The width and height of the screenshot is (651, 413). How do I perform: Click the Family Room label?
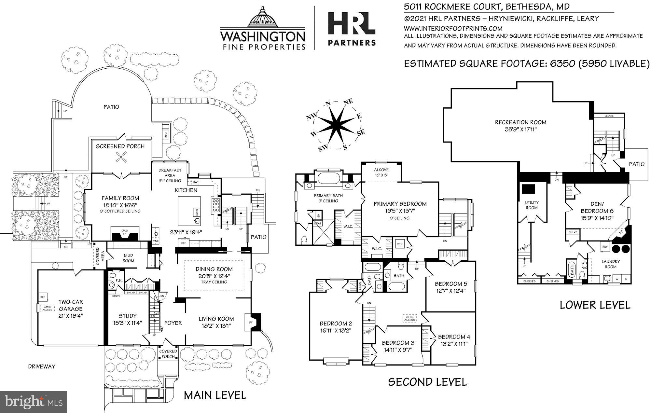(120, 198)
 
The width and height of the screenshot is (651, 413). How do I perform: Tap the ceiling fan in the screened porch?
(121, 158)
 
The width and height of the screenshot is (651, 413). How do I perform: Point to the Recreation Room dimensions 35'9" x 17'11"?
(520, 129)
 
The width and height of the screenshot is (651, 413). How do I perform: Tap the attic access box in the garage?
(47, 308)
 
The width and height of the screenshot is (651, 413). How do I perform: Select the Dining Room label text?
(214, 269)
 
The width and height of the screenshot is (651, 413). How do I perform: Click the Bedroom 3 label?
(398, 343)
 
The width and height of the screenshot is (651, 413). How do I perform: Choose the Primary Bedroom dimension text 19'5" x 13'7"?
(400, 211)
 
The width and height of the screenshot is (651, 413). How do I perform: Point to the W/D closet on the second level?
(399, 243)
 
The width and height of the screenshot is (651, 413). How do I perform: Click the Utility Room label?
(532, 205)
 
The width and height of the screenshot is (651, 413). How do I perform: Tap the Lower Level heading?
(595, 305)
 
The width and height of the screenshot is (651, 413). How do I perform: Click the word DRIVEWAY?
(42, 366)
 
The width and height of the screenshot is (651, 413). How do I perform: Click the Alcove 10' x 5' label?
(381, 172)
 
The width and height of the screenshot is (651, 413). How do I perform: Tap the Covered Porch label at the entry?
(168, 353)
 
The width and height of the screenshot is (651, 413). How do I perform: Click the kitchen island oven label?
(197, 212)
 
